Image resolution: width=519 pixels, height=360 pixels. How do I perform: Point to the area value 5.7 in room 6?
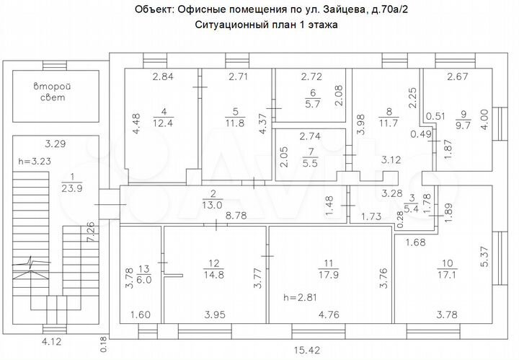[x=312, y=104]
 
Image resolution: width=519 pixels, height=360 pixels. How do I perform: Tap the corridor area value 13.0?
[x=213, y=205]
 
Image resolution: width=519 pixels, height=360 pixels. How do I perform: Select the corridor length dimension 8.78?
[x=236, y=215]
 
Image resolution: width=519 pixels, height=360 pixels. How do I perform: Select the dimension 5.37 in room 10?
[x=484, y=255]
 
